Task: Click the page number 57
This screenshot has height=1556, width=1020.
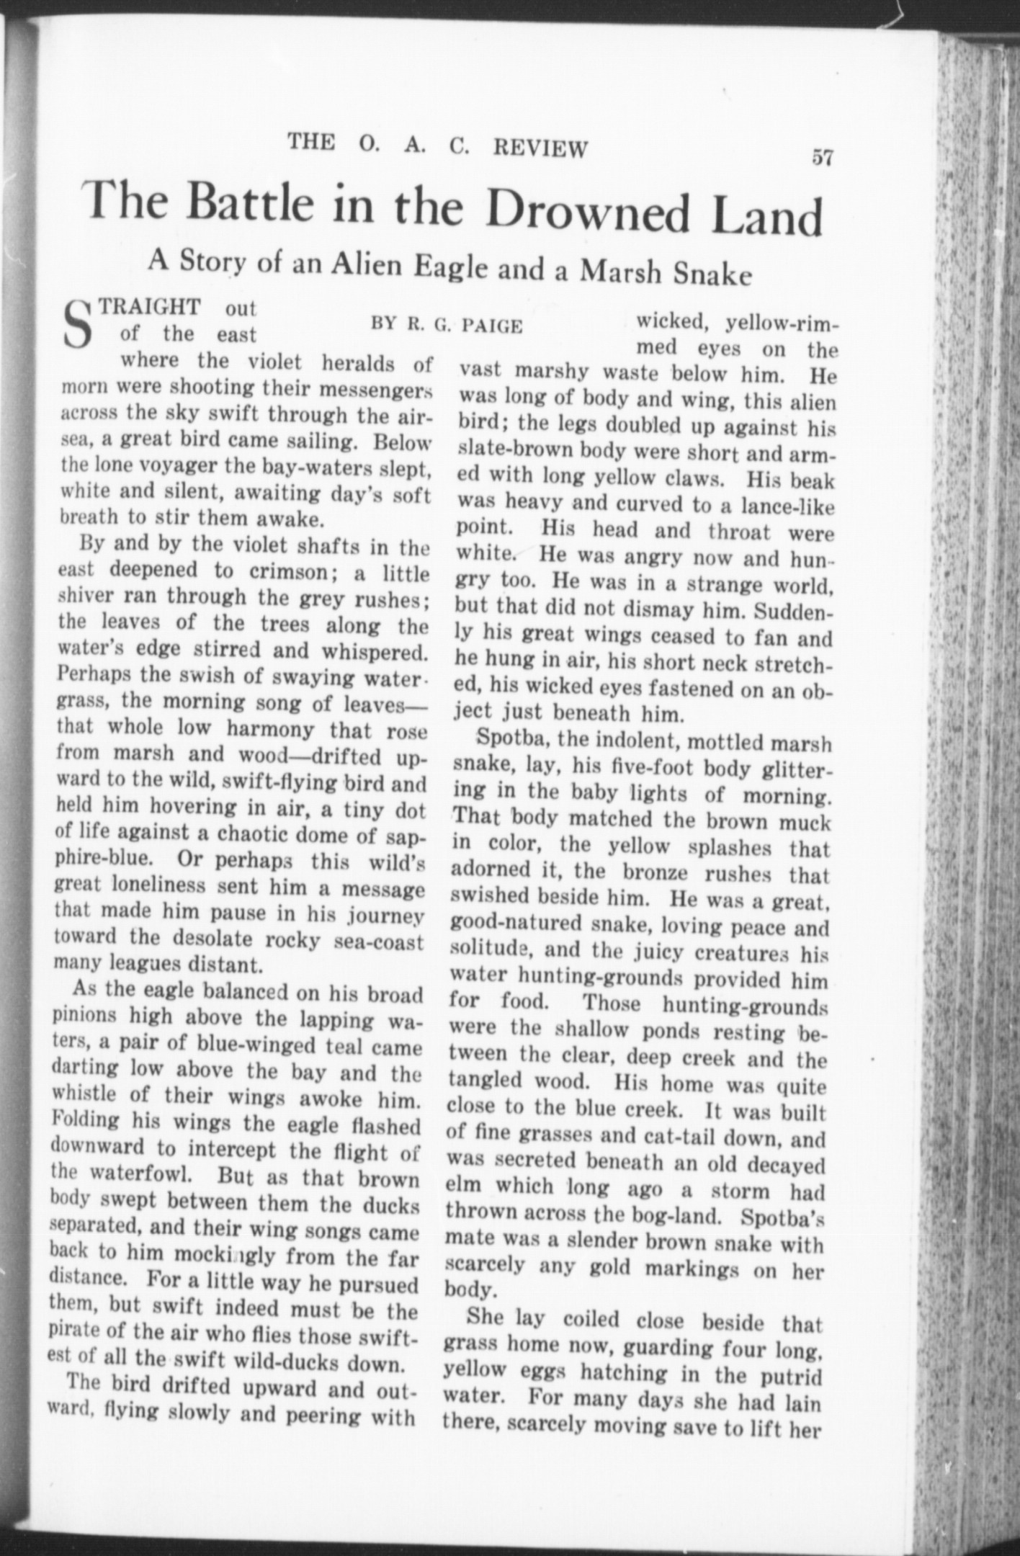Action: point(822,158)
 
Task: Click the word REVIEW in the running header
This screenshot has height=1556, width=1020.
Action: point(540,147)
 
